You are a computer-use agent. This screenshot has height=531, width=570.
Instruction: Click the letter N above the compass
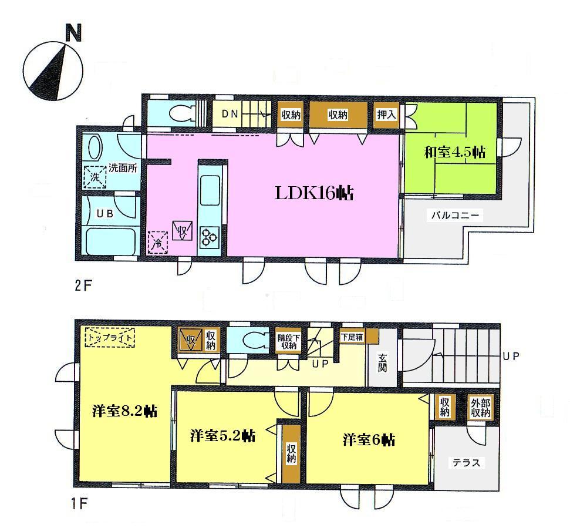[73, 34]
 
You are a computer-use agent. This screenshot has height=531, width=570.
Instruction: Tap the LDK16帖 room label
[315, 193]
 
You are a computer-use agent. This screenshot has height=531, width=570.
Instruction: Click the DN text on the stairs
[230, 115]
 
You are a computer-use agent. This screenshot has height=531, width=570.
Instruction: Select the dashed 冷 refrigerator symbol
[157, 241]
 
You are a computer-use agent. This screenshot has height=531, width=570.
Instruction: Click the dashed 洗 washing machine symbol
[94, 176]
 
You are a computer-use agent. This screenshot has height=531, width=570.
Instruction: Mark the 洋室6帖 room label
[369, 439]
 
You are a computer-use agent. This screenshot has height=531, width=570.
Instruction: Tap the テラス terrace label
[466, 463]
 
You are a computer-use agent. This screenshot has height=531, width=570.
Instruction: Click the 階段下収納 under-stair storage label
[288, 341]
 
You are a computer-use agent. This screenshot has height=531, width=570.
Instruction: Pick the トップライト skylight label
[110, 337]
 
